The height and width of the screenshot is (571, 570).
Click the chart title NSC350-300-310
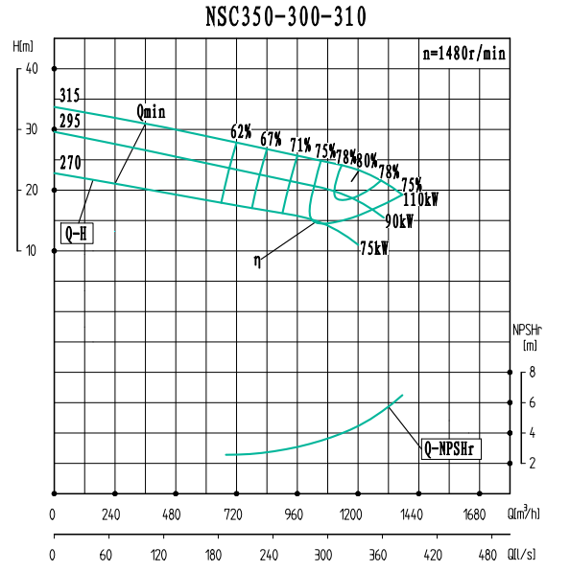point(285,16)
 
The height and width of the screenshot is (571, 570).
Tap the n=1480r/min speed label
point(463,54)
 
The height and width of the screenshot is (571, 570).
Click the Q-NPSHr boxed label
point(451,447)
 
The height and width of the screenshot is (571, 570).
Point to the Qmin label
point(151,112)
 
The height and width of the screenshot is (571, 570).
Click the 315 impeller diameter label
point(69,96)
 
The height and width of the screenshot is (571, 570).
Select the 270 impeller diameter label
point(70,163)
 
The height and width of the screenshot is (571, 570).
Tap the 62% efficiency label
point(241,131)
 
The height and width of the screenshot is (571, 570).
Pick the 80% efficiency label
point(368,161)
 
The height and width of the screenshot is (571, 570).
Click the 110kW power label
point(421,200)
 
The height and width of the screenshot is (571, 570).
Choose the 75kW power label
point(374,247)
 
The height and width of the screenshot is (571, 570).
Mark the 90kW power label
point(399,221)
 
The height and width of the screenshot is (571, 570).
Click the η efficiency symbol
point(257,260)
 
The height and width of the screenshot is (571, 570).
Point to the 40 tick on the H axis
point(32,68)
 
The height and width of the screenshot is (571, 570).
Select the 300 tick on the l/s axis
point(323,555)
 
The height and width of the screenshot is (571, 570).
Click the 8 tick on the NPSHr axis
point(531,373)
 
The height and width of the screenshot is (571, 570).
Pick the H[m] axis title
point(24,46)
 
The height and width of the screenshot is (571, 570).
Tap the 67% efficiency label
point(271,139)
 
